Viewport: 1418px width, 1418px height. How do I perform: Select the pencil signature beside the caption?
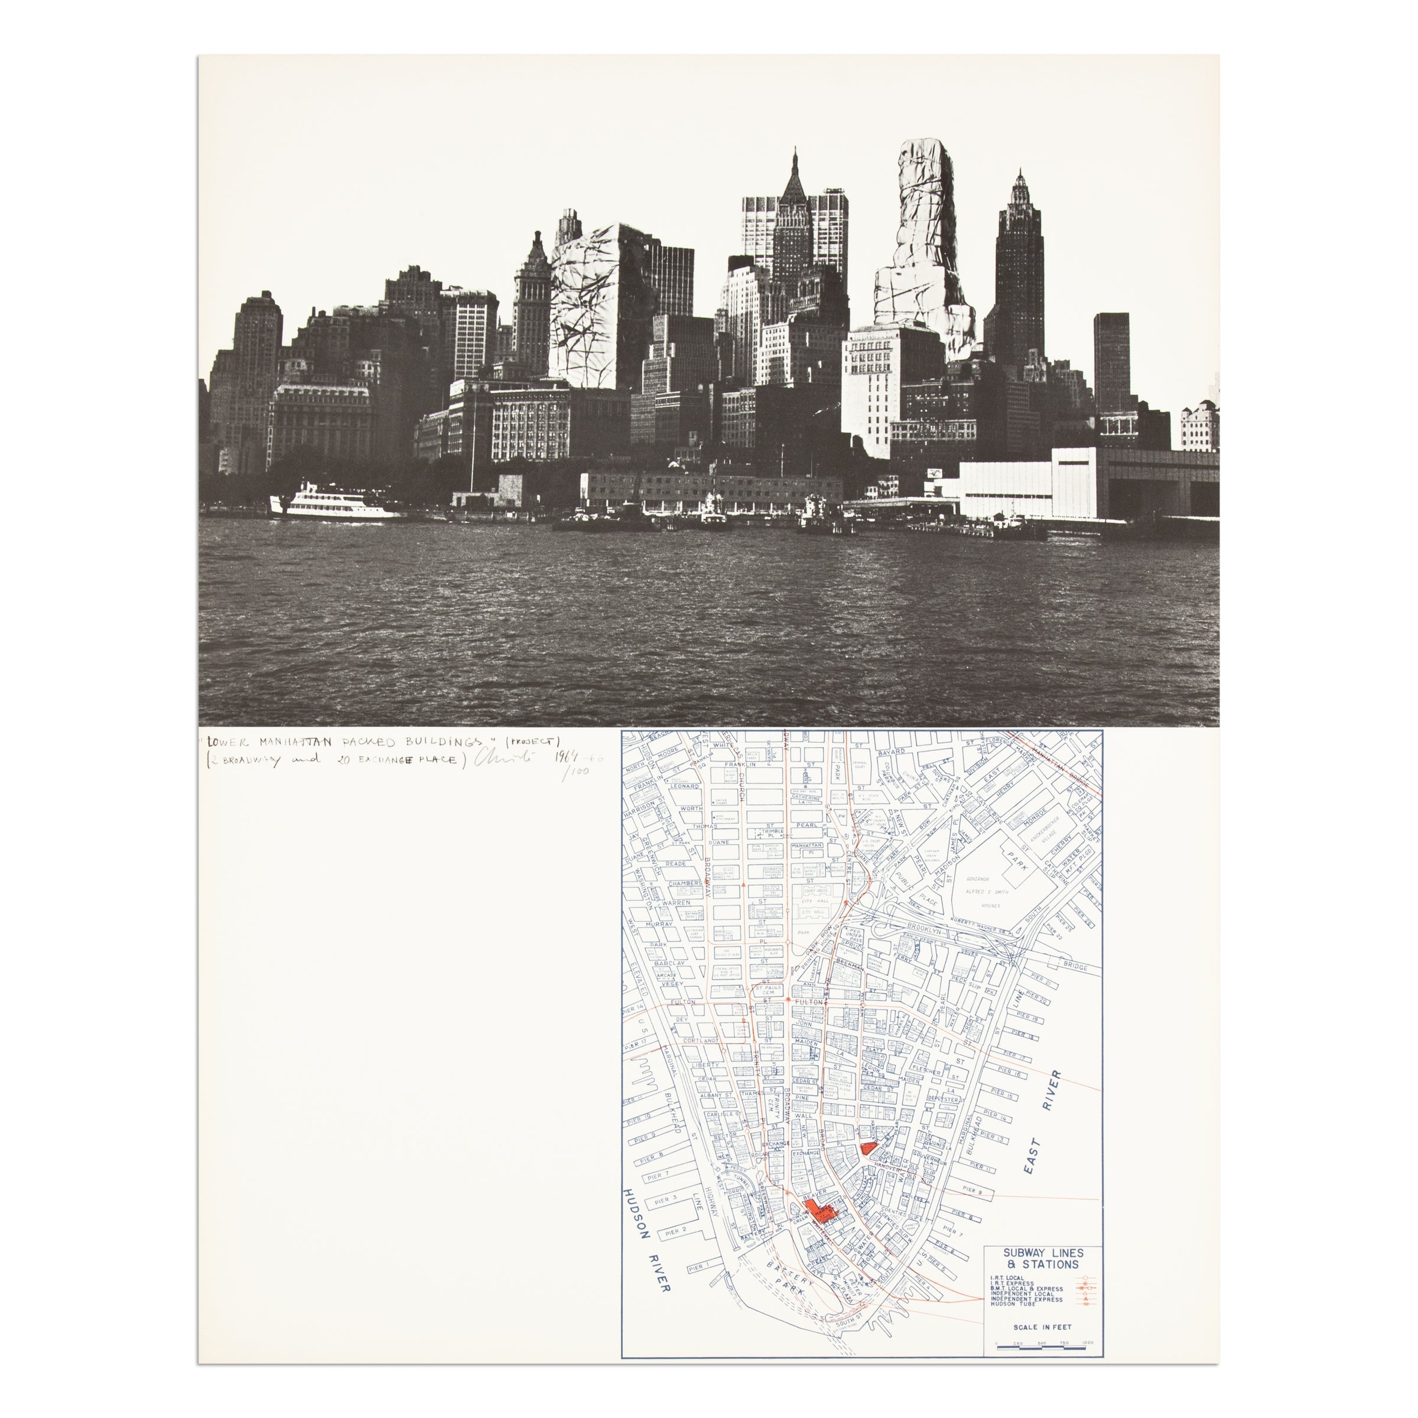click(503, 758)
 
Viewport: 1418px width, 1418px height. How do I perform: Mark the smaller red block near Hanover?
click(869, 1148)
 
